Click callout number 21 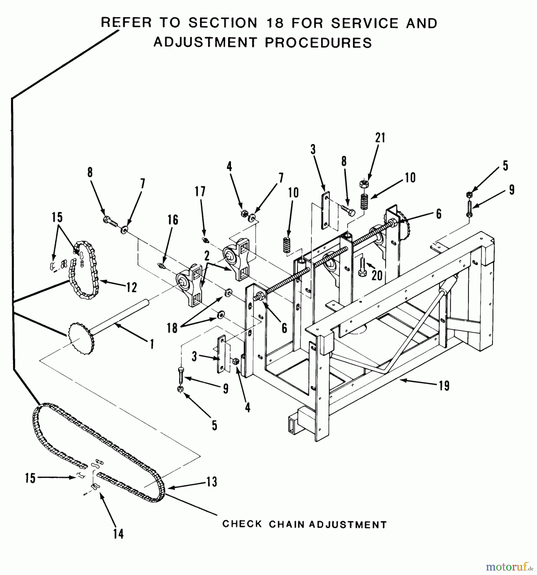click(380, 138)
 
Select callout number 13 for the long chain click(211, 481)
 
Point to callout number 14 click(118, 533)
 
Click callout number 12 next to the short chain click(131, 287)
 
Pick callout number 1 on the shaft click(152, 344)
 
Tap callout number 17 click(200, 192)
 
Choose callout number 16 click(173, 220)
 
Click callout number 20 click(377, 275)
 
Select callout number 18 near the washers click(172, 328)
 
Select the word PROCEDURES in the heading click(318, 42)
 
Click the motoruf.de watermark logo click(510, 567)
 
